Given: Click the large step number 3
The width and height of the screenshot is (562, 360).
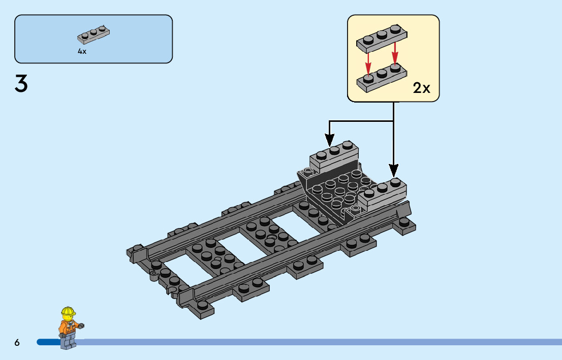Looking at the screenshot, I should tap(21, 84).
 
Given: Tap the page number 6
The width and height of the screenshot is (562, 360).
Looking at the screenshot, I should tap(17, 343).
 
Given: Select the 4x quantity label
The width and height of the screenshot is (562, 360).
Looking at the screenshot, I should tap(82, 51).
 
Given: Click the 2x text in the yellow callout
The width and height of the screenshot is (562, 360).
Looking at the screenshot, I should tap(421, 88).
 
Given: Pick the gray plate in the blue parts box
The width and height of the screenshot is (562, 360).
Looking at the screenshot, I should tap(94, 35).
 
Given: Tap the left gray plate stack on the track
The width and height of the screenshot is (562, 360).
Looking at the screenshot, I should tap(333, 155).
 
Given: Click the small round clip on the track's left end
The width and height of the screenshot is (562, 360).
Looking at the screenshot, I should tap(152, 277).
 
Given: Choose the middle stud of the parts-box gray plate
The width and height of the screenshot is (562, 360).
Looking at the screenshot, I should tap(94, 32).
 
